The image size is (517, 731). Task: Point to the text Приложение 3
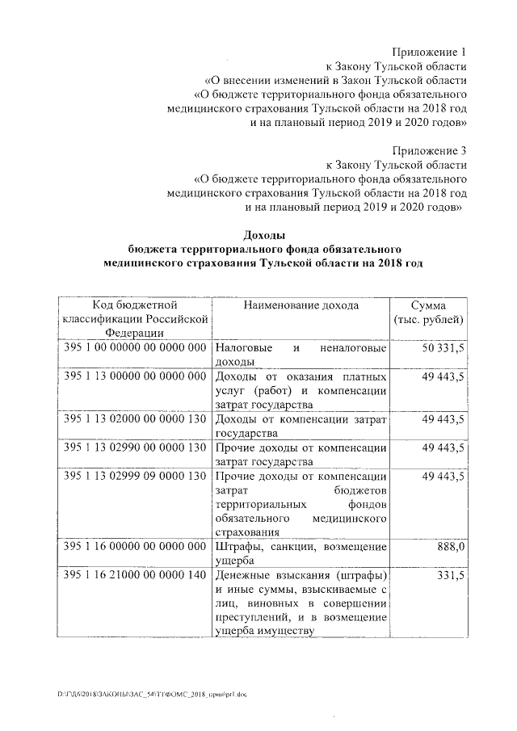[430, 150]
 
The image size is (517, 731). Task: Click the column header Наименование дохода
[301, 305]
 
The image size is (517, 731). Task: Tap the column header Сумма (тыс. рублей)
[427, 313]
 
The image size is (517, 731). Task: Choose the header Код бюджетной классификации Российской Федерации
[135, 319]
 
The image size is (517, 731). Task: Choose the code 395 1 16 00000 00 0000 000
[135, 547]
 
